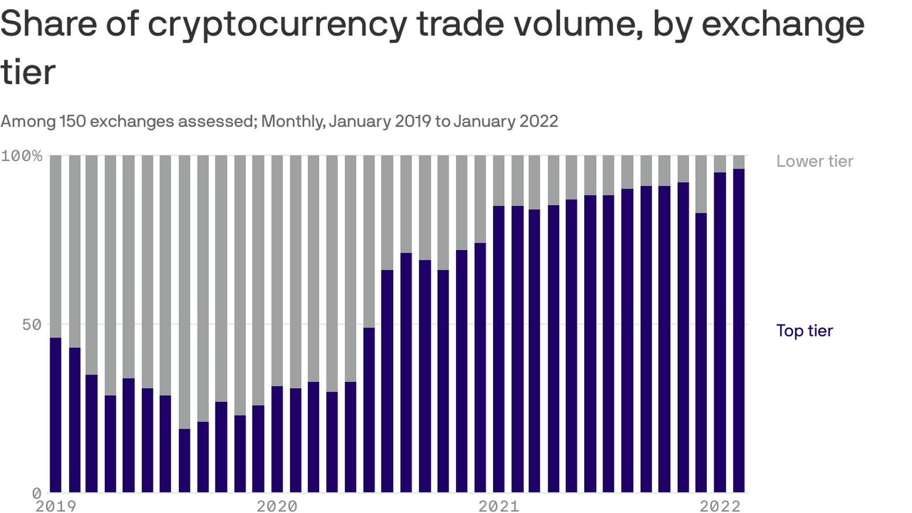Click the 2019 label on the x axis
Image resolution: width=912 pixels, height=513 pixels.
point(55,506)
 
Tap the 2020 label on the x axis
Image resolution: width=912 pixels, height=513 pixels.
point(276,506)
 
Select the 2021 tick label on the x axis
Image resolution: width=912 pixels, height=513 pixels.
point(498,506)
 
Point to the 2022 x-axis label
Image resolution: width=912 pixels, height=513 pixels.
point(720,506)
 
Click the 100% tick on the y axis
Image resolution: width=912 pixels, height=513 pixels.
point(22,156)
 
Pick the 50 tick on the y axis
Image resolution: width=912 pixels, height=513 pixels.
point(32,324)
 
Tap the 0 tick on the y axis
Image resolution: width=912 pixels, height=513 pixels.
point(36,492)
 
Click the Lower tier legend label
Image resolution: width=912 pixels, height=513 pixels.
point(815,161)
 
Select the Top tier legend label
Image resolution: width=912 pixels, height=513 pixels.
point(804,331)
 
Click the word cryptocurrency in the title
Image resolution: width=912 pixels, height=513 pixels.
point(277,24)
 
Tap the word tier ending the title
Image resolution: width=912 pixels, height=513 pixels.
point(27,72)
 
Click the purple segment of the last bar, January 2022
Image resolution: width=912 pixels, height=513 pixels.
point(738,331)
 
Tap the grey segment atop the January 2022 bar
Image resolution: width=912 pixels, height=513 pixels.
point(738,162)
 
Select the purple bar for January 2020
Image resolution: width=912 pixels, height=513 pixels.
point(277,439)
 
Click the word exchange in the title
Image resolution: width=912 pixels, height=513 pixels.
point(783,24)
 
